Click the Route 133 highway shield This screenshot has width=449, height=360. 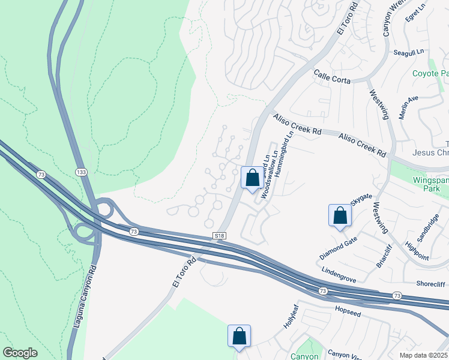click(x=81, y=172)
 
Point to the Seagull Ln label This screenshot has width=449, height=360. click(x=409, y=53)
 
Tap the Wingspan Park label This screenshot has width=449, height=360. click(x=431, y=184)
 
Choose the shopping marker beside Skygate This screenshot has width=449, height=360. click(x=340, y=215)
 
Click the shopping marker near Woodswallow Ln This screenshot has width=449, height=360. click(x=252, y=178)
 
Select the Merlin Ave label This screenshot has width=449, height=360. click(x=408, y=107)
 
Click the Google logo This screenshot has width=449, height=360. click(x=20, y=353)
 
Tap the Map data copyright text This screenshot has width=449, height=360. click(x=423, y=355)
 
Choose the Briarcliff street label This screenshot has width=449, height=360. click(x=382, y=254)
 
